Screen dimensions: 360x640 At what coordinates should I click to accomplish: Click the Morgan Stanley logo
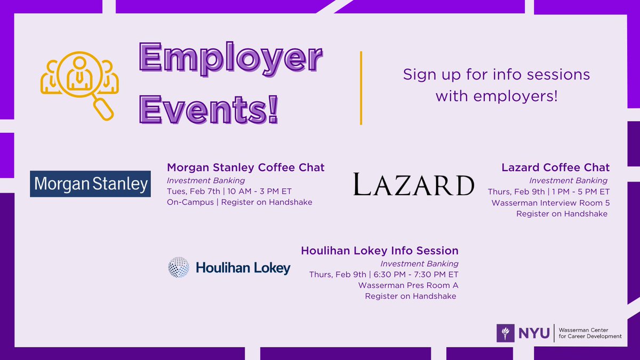click(x=90, y=184)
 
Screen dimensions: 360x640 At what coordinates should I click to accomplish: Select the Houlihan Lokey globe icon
click(x=179, y=267)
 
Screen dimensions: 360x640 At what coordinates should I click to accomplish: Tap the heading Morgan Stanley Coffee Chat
click(x=246, y=167)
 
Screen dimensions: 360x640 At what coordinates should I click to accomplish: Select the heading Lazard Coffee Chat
click(x=555, y=167)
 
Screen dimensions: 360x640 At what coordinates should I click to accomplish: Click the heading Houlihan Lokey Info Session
click(x=380, y=251)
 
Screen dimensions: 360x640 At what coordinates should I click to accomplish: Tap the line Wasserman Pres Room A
click(x=409, y=285)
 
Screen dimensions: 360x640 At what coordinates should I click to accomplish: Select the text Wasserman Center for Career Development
click(x=589, y=333)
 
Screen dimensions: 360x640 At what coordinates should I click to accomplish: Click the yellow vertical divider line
click(x=361, y=88)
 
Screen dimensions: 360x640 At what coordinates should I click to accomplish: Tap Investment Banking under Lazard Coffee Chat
click(x=568, y=180)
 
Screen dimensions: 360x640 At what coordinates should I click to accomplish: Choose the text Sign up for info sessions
click(x=496, y=74)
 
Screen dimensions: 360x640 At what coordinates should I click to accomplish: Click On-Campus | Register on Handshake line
click(x=239, y=202)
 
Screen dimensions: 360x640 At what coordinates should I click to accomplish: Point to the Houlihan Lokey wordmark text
click(x=243, y=268)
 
